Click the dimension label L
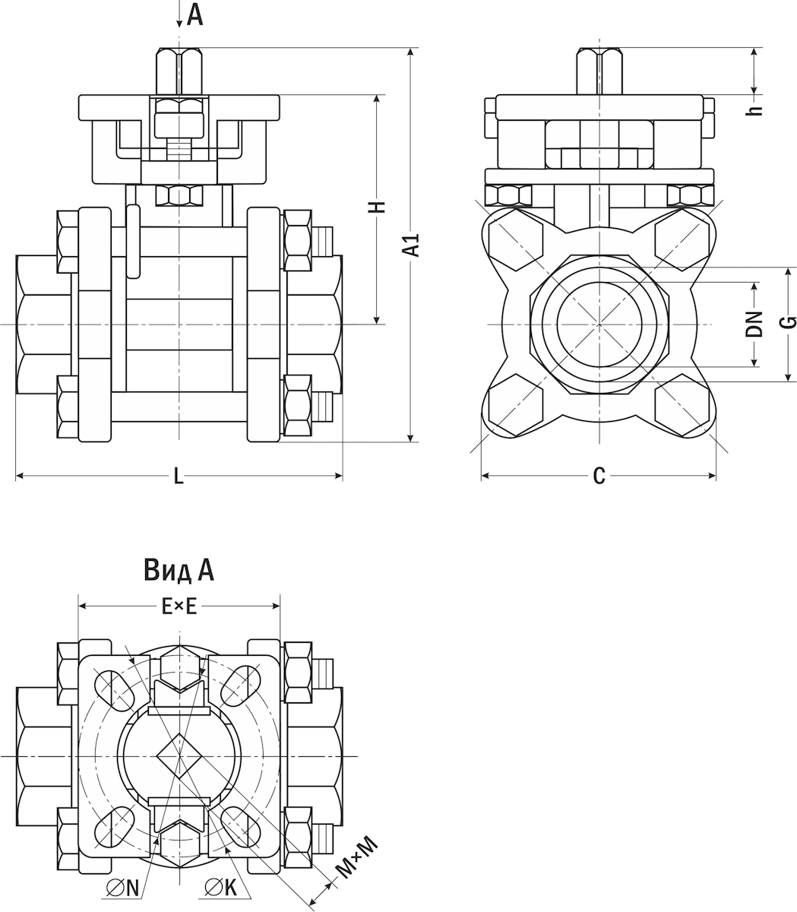point(179,477)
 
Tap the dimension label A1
point(411,245)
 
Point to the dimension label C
point(599,477)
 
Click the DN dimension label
point(754,325)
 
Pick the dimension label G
point(789,322)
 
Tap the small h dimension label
point(754,109)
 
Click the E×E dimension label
point(179,606)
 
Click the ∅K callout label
point(221,887)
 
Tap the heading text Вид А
point(179,570)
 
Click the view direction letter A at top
point(195,14)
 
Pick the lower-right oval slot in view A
point(240,826)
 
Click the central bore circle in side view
point(599,324)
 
